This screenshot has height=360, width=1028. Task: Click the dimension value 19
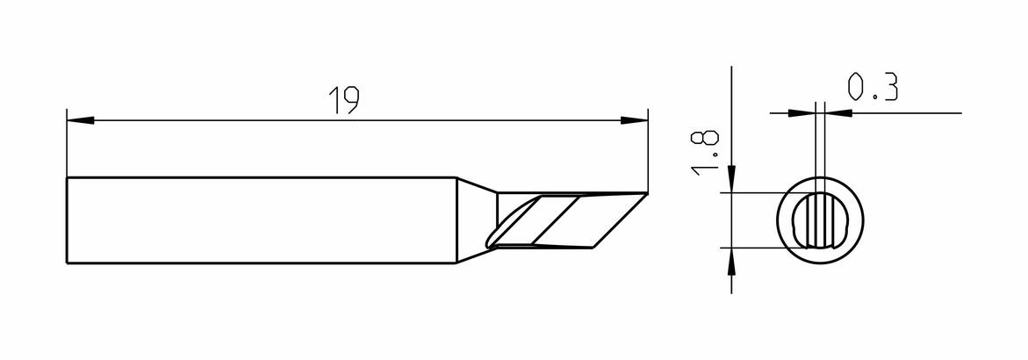coord(343,100)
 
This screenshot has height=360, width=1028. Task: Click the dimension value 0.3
coord(872,87)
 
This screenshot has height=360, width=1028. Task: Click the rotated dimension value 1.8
coord(706,152)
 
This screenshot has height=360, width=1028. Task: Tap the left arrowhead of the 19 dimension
coord(81,120)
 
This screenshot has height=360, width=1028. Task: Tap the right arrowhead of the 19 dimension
coord(634,120)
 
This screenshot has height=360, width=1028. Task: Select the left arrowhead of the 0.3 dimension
coord(801,112)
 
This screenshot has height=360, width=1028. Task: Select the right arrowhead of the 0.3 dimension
coord(837,112)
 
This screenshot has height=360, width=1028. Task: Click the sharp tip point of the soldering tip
coord(648,193)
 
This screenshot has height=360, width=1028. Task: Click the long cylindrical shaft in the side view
coord(262,220)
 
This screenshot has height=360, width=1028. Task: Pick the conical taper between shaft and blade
coord(477,220)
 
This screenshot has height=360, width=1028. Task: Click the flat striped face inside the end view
coord(820,221)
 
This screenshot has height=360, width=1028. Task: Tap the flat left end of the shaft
coord(68,220)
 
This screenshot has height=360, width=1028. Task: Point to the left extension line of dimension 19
coord(67,143)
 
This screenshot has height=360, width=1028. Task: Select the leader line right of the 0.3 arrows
coord(907,112)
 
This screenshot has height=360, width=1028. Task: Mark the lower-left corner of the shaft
coord(68,263)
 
